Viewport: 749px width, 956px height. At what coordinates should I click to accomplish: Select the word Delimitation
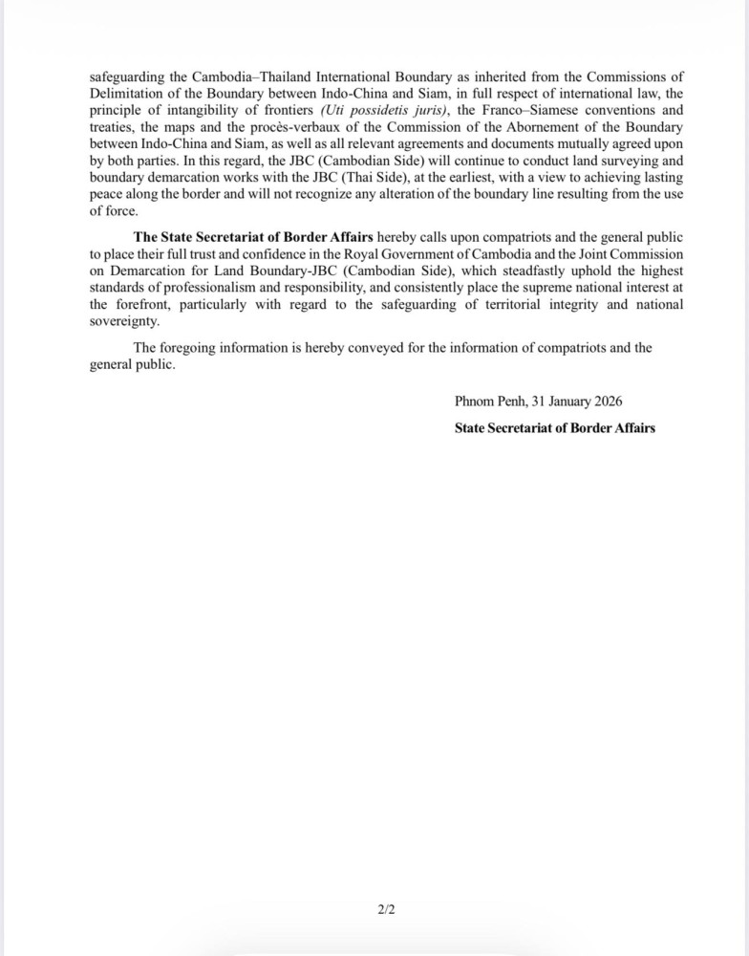[126, 94]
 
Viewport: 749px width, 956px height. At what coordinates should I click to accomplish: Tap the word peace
[107, 197]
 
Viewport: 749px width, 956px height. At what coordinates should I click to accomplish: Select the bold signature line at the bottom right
[554, 427]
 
